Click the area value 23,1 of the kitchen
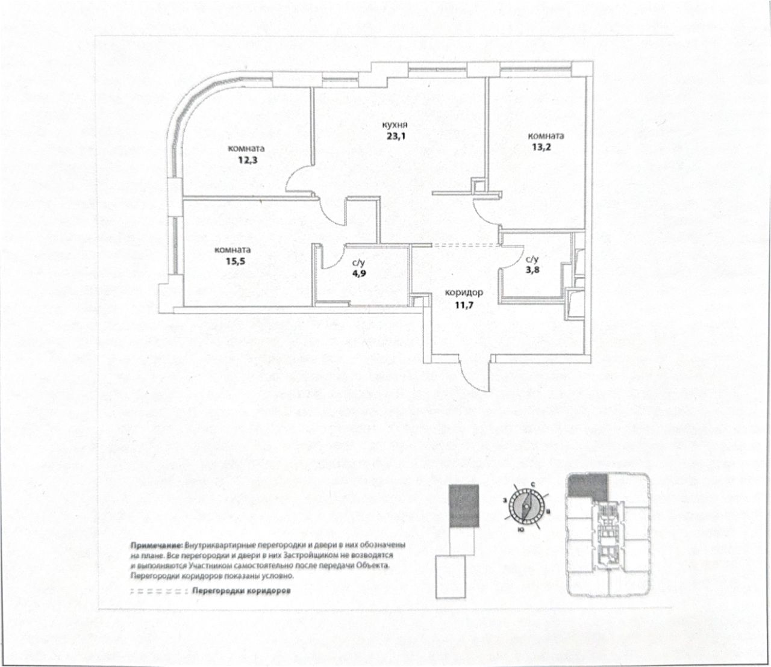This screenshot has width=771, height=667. click(395, 135)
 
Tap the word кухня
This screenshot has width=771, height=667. click(395, 125)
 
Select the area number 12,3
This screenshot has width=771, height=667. click(246, 160)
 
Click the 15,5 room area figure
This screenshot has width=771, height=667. click(233, 261)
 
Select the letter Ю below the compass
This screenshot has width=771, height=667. click(519, 530)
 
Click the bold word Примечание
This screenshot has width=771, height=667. click(155, 544)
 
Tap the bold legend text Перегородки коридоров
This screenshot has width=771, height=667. click(242, 591)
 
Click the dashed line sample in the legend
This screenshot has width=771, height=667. click(157, 591)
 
